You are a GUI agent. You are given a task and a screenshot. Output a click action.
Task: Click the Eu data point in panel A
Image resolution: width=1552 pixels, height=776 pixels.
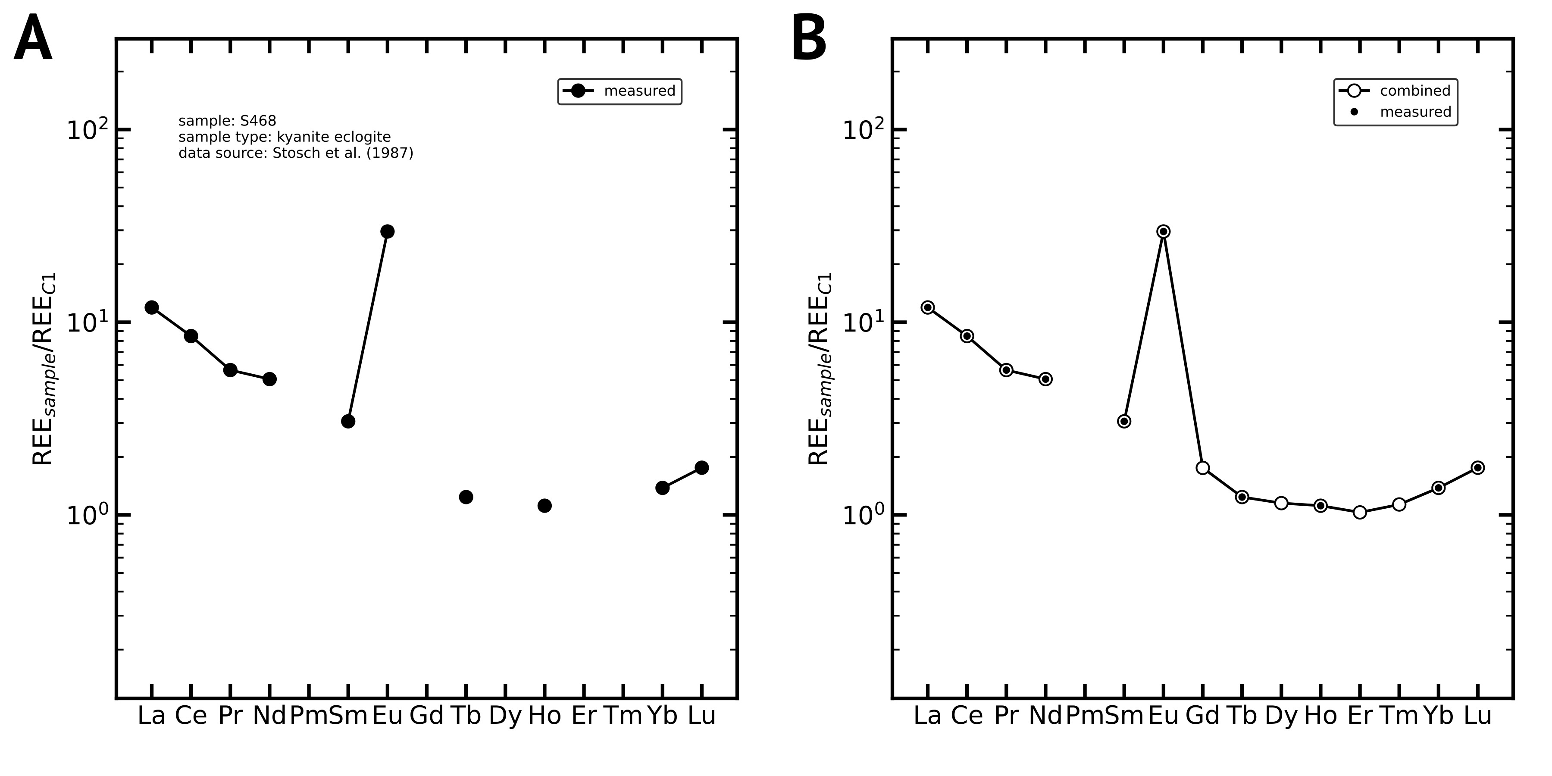pos(388,232)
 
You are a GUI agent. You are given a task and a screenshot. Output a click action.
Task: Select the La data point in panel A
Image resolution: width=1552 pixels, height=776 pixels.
pos(152,307)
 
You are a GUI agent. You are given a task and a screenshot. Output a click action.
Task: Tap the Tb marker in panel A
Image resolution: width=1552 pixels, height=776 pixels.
pos(466,497)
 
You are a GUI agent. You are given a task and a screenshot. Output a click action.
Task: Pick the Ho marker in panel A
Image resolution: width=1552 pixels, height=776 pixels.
pos(544,506)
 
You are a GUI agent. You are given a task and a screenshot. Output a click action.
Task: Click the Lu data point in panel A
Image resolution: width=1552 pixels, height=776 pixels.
pos(701,467)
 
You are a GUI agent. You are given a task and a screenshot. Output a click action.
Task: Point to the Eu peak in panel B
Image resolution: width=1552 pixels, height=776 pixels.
pos(1164,232)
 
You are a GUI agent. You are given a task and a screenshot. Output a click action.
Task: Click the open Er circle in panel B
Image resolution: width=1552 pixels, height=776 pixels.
pos(1360,513)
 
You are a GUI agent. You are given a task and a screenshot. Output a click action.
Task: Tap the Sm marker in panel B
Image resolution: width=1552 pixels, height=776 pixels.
pos(1124,421)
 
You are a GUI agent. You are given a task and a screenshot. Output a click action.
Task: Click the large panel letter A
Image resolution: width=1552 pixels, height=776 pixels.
pos(33,39)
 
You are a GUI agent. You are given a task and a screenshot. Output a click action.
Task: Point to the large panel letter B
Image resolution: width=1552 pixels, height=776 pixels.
pos(809,39)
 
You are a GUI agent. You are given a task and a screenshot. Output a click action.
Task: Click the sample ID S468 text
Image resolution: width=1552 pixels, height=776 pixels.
pos(228,121)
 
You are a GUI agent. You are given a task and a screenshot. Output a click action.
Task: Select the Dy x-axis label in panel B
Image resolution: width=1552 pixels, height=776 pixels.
pos(1281,716)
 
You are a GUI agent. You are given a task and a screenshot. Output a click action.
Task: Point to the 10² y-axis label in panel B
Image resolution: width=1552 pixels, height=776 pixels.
pos(863,129)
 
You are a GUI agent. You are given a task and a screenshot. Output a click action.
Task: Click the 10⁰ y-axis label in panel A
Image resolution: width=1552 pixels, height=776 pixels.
pos(87,515)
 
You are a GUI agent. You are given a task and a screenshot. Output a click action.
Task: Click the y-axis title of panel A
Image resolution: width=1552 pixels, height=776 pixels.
pos(44,369)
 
